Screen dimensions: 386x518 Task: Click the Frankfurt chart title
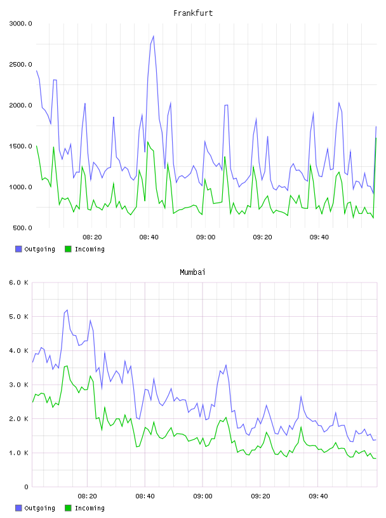[x=193, y=13]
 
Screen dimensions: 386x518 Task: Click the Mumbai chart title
[x=192, y=272]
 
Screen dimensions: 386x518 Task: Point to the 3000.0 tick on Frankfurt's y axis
[x=20, y=23]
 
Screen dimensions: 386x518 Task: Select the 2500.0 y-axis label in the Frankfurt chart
[x=20, y=64]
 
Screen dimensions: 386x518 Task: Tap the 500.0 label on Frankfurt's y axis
[x=22, y=228]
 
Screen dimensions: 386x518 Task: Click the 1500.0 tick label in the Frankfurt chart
[x=20, y=147]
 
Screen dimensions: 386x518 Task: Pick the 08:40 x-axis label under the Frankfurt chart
[x=149, y=237]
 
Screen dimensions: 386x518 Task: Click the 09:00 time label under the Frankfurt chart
[x=206, y=237]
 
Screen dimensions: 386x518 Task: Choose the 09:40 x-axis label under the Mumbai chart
[x=318, y=496]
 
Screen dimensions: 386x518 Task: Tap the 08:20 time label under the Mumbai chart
[x=87, y=496]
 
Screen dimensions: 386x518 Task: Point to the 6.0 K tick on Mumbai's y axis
[x=19, y=282]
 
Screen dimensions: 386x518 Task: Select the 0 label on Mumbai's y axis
[x=27, y=487]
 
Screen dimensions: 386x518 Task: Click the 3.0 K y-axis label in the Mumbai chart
[x=19, y=385]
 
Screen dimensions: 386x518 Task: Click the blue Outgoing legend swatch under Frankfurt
[x=18, y=249]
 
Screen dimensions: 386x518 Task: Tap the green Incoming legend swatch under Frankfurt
[x=68, y=249]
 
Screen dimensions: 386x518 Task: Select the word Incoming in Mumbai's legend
[x=90, y=508]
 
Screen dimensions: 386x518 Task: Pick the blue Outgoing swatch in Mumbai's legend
[x=18, y=508]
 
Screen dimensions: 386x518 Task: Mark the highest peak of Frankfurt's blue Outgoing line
[x=154, y=36]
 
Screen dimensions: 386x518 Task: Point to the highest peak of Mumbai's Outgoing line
[x=67, y=310]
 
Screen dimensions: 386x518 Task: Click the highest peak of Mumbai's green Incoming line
[x=67, y=366]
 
